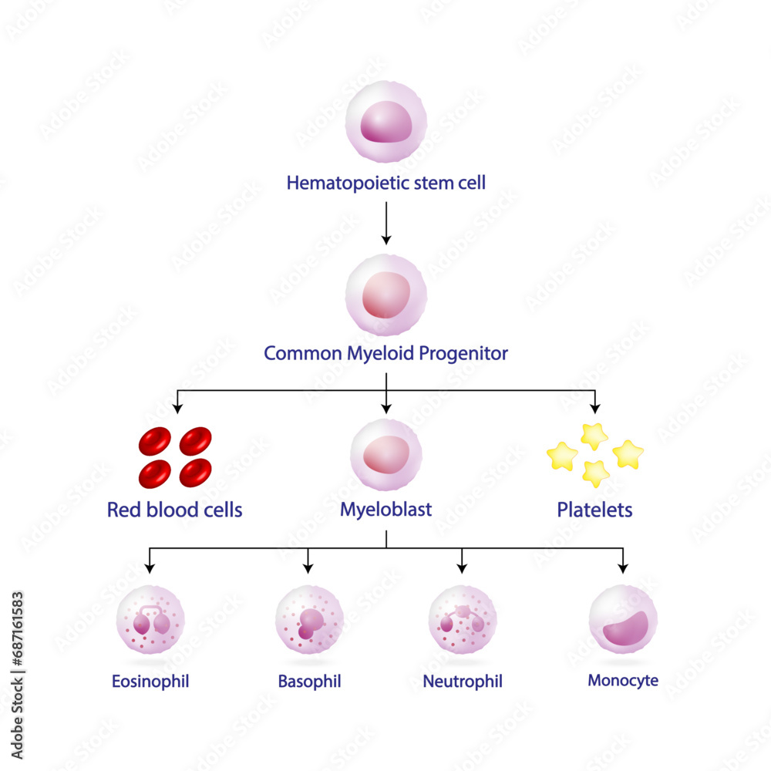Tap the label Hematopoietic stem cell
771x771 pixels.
[x=385, y=183]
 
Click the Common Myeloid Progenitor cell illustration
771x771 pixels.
[x=385, y=295]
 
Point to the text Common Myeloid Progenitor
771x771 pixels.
[x=385, y=354]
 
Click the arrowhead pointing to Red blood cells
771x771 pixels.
[x=178, y=405]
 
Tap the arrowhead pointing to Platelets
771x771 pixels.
[x=594, y=405]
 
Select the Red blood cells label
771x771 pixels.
[x=174, y=510]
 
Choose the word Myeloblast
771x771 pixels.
[x=385, y=510]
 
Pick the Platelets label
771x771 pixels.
[x=594, y=510]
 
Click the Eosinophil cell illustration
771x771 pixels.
[x=150, y=620]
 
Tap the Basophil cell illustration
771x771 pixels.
[x=309, y=620]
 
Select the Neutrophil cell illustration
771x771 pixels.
[x=463, y=620]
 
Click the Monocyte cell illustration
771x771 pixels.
[x=623, y=620]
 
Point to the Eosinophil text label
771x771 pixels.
[x=150, y=682]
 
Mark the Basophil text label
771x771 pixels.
[x=309, y=682]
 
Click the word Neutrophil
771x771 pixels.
[x=463, y=682]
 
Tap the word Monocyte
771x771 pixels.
[x=623, y=681]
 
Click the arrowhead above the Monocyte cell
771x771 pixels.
[x=623, y=568]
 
